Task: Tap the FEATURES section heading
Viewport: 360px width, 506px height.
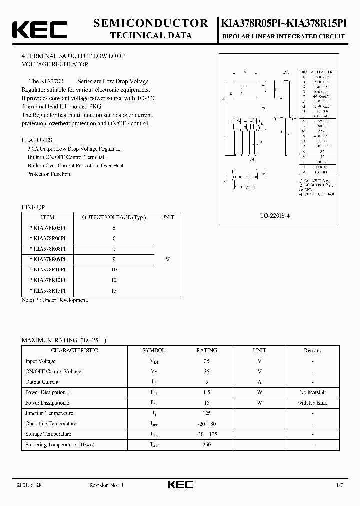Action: pyautogui.click(x=37, y=140)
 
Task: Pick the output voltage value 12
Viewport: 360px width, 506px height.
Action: pyautogui.click(x=114, y=280)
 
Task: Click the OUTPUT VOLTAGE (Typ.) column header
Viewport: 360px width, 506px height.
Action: pyautogui.click(x=114, y=217)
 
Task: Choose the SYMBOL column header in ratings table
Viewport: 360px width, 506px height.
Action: pyautogui.click(x=154, y=350)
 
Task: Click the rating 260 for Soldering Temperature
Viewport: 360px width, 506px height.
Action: pyautogui.click(x=207, y=444)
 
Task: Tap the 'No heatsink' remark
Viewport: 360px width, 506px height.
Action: pyautogui.click(x=312, y=392)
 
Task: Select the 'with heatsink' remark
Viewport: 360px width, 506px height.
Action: pyautogui.click(x=312, y=403)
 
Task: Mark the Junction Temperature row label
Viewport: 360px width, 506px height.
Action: pyautogui.click(x=49, y=413)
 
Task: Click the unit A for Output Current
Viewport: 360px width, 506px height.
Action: pyautogui.click(x=259, y=382)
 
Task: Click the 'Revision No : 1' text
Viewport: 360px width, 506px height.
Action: pyautogui.click(x=106, y=485)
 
